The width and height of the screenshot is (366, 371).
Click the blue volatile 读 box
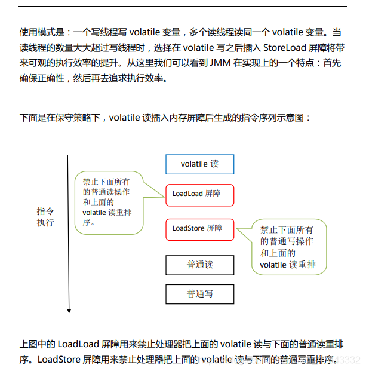click(199, 164)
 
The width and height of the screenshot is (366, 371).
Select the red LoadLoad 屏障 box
click(199, 194)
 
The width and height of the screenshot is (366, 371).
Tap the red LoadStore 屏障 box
click(199, 229)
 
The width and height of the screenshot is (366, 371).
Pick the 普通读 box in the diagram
click(199, 265)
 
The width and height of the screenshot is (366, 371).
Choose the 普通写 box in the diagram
click(199, 294)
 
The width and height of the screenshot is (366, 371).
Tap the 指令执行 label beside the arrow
click(45, 217)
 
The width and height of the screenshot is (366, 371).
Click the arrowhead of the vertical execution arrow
click(69, 310)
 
